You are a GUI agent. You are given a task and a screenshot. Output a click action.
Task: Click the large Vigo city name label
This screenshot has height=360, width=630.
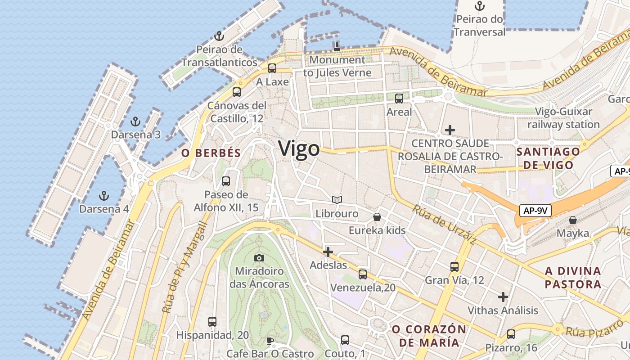pos(299,148)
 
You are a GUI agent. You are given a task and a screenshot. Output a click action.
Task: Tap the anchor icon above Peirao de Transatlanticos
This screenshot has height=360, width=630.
pos(219,36)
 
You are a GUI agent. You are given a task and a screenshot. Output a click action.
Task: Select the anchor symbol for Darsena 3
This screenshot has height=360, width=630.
pos(135,121)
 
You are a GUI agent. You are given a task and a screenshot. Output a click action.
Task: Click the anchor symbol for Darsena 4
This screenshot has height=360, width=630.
pos(104,196)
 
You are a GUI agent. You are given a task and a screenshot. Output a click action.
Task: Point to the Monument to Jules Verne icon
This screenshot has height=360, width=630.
pos(337,46)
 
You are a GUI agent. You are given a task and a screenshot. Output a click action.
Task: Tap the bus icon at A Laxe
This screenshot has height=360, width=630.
pos(272,68)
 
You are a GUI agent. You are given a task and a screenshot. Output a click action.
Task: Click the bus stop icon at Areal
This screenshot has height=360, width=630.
pos(399,99)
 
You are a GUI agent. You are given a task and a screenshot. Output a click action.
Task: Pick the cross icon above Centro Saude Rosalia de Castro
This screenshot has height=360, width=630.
pos(450,130)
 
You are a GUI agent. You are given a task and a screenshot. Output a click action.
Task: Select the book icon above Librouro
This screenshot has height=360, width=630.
pos(337,200)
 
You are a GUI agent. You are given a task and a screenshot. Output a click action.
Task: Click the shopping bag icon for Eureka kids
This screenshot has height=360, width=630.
pos(377,217)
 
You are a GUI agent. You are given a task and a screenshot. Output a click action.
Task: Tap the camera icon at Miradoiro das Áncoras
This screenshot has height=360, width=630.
pos(259,258)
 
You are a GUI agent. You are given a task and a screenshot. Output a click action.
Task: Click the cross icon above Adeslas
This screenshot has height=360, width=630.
pos(328,252)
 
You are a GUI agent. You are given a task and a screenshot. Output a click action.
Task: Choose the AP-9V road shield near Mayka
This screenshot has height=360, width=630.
pos(535,210)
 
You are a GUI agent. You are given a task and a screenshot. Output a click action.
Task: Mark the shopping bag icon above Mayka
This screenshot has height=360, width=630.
pos(573,220)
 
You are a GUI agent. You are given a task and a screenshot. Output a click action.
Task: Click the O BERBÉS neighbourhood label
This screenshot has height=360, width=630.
pos(211,153)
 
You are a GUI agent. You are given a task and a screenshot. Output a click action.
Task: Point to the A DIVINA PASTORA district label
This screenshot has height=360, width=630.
pos(573,278)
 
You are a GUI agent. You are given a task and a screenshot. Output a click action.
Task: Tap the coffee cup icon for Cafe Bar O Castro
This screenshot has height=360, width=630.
pos(270,340)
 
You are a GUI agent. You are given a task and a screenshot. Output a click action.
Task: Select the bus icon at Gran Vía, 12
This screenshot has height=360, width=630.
pos(454,267)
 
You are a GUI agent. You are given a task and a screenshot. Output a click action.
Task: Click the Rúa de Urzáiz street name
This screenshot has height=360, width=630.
pos(444,225)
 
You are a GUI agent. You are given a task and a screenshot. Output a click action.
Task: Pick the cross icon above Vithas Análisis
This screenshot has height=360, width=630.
pos(503,297)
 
